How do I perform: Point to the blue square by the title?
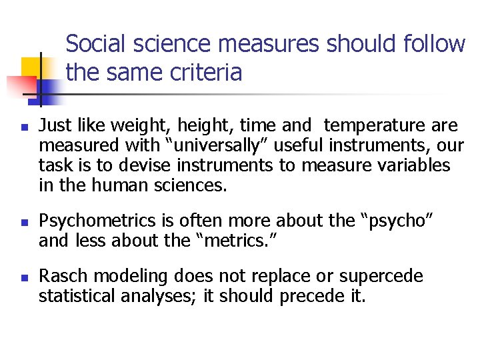coord(48,89)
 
